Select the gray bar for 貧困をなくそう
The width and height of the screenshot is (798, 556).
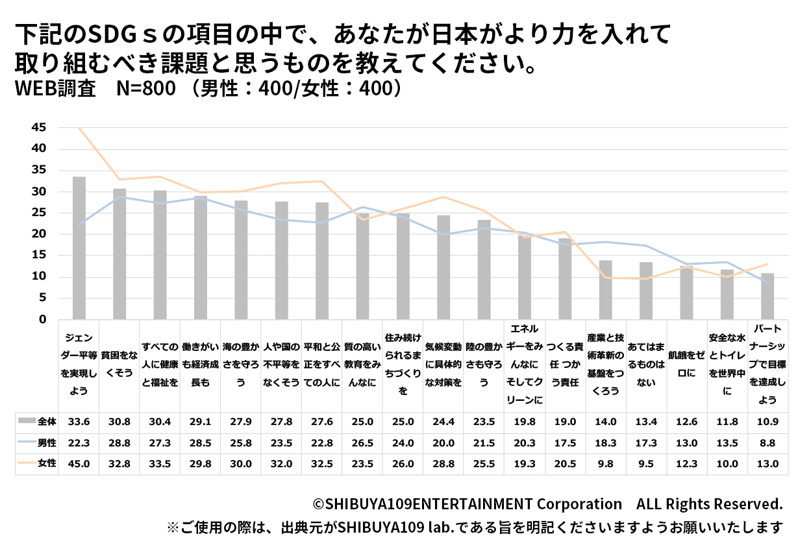coord(119,254)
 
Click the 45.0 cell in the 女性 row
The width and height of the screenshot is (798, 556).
coord(79,464)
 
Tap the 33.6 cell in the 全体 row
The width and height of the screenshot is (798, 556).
coord(79,421)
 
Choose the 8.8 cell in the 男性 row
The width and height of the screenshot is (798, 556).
coord(767,442)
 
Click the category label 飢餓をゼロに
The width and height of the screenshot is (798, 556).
coord(686,364)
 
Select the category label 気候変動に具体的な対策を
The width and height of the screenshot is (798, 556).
coord(443,365)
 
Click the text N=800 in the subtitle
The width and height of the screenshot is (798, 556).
coord(146,88)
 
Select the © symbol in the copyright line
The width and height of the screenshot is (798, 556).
coord(318,504)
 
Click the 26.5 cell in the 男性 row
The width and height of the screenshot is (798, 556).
coord(362,442)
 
